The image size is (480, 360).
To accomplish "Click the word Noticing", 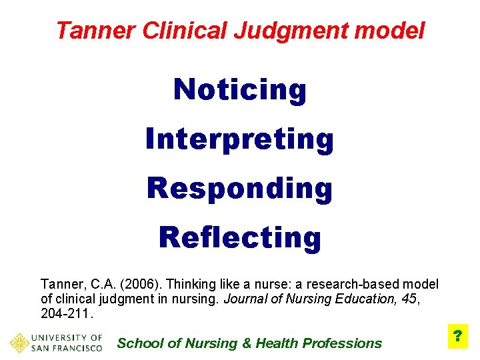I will (240, 90).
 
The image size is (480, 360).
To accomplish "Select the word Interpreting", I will (240, 139).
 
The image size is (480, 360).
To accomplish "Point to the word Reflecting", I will (240, 237).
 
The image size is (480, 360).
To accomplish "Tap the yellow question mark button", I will (458, 336).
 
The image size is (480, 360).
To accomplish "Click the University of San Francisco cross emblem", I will (19, 343).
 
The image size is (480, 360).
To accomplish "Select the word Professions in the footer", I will (342, 343).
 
